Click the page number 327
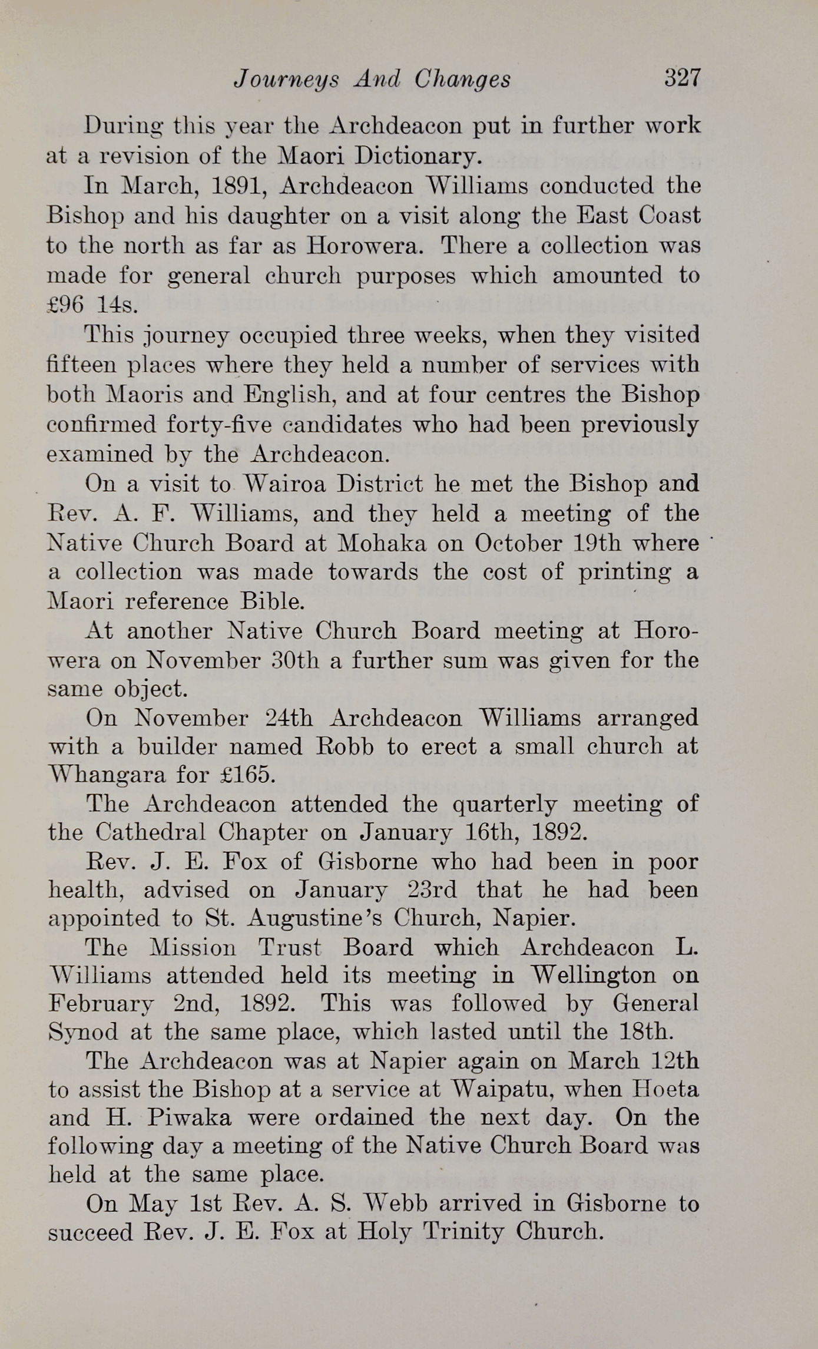pos(682,78)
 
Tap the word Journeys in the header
pos(286,80)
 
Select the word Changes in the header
pos(462,80)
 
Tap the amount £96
pos(66,305)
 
